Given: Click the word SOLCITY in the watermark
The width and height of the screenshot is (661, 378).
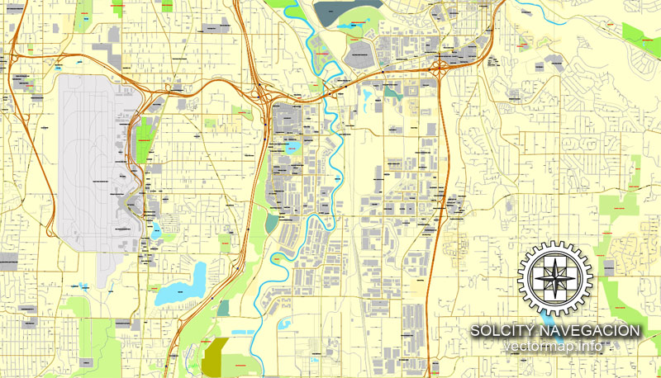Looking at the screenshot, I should click(x=498, y=331).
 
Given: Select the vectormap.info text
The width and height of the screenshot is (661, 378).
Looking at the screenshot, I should click(x=555, y=347).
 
